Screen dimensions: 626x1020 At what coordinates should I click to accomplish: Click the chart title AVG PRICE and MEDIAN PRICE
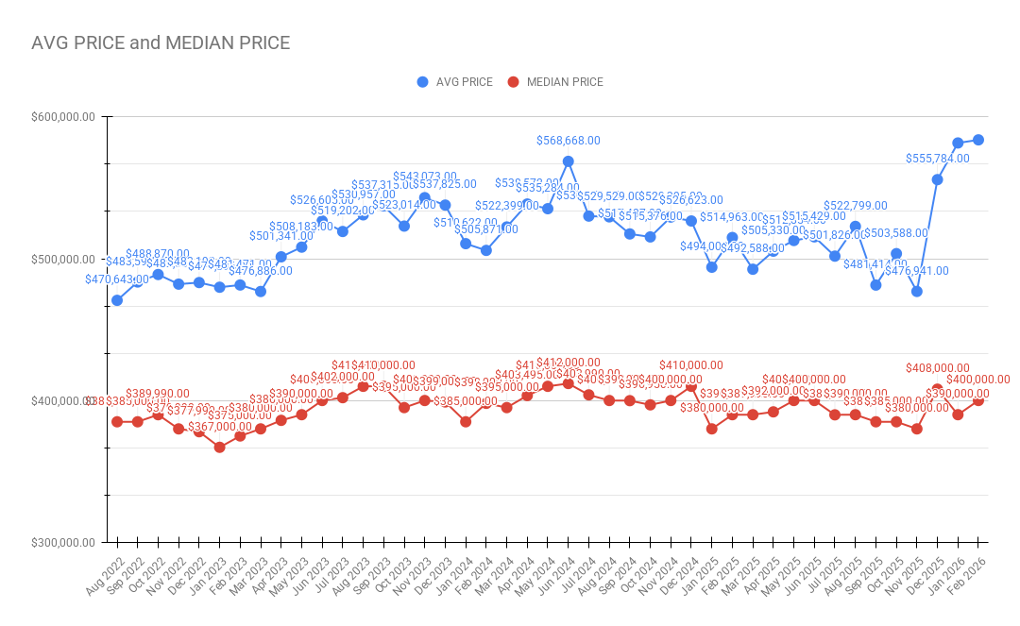pyautogui.click(x=161, y=43)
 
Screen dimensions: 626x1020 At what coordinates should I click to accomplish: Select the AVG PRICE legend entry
pyautogui.click(x=464, y=82)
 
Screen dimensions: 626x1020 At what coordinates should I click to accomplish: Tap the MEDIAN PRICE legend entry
pyautogui.click(x=565, y=82)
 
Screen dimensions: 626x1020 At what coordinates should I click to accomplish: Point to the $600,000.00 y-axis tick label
pyautogui.click(x=61, y=117)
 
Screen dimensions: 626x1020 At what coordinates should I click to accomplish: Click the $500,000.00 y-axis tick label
pyautogui.click(x=61, y=259)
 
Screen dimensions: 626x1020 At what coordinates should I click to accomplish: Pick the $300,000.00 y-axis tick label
pyautogui.click(x=61, y=543)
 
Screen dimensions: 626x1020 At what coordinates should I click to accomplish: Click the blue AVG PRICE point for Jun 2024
pyautogui.click(x=568, y=161)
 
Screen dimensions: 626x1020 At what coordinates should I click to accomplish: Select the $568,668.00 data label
pyautogui.click(x=568, y=141)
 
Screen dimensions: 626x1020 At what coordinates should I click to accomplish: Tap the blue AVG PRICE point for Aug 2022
pyautogui.click(x=117, y=300)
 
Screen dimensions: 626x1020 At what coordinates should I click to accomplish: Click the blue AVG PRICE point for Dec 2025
pyautogui.click(x=937, y=179)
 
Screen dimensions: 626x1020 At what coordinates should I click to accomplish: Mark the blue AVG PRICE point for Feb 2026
pyautogui.click(x=978, y=140)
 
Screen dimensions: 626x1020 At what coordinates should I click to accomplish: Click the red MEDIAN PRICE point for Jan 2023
pyautogui.click(x=219, y=448)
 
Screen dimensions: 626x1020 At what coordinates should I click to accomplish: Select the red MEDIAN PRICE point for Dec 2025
pyautogui.click(x=937, y=389)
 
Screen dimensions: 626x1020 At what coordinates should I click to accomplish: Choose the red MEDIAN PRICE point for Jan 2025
pyautogui.click(x=711, y=429)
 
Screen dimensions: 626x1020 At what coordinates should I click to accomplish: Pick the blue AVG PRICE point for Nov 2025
pyautogui.click(x=916, y=291)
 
